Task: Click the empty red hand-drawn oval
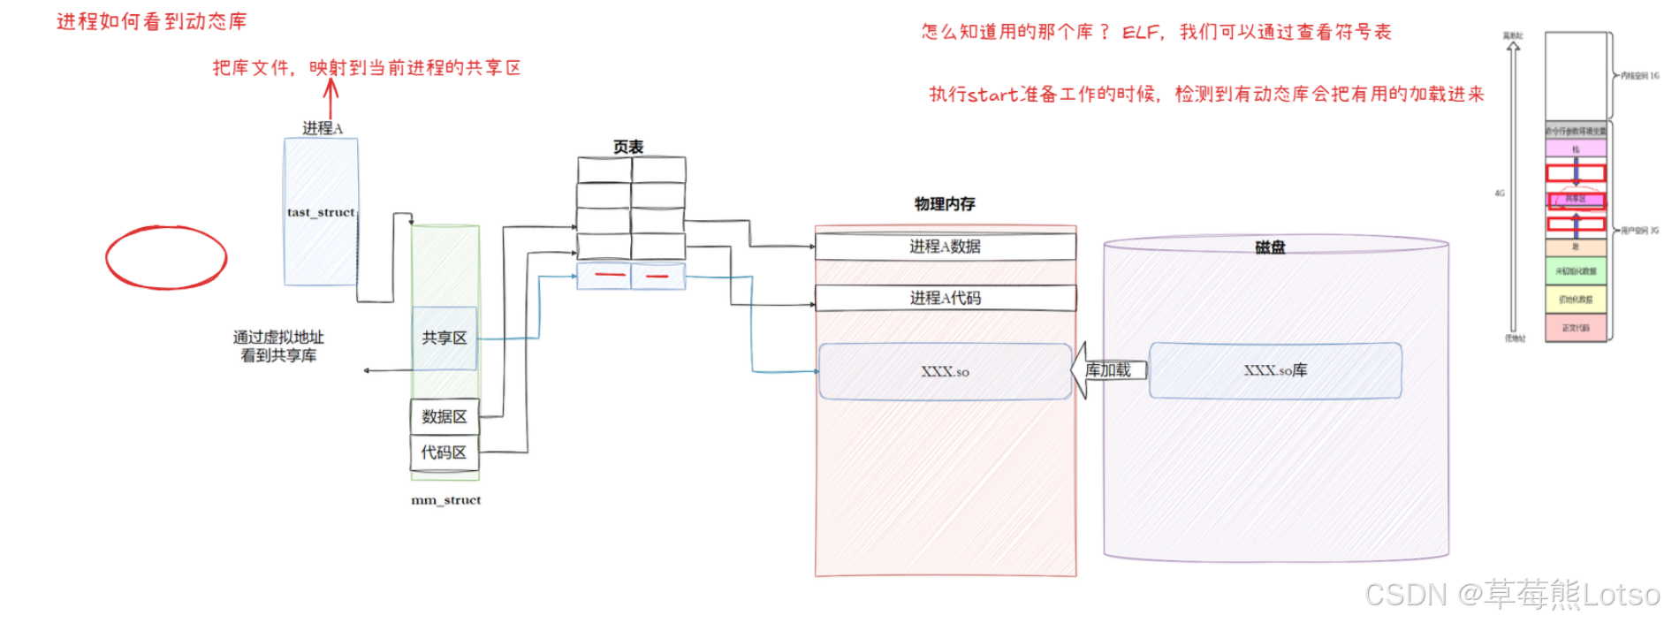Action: click(166, 257)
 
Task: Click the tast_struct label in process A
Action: click(320, 212)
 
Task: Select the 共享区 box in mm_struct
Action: click(444, 338)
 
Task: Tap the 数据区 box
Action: click(444, 416)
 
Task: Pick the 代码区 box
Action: click(444, 452)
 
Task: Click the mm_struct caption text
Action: click(445, 500)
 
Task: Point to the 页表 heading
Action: click(628, 147)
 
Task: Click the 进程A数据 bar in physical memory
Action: click(945, 247)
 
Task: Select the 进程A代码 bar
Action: click(945, 298)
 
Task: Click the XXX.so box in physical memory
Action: click(945, 372)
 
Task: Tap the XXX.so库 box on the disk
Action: click(1274, 370)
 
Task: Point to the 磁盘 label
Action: click(1270, 247)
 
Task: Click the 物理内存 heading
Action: click(945, 204)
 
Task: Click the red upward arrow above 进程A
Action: click(331, 97)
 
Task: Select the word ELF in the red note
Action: click(1140, 33)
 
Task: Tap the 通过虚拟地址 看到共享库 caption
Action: click(278, 346)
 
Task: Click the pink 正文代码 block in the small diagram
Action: click(1575, 328)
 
